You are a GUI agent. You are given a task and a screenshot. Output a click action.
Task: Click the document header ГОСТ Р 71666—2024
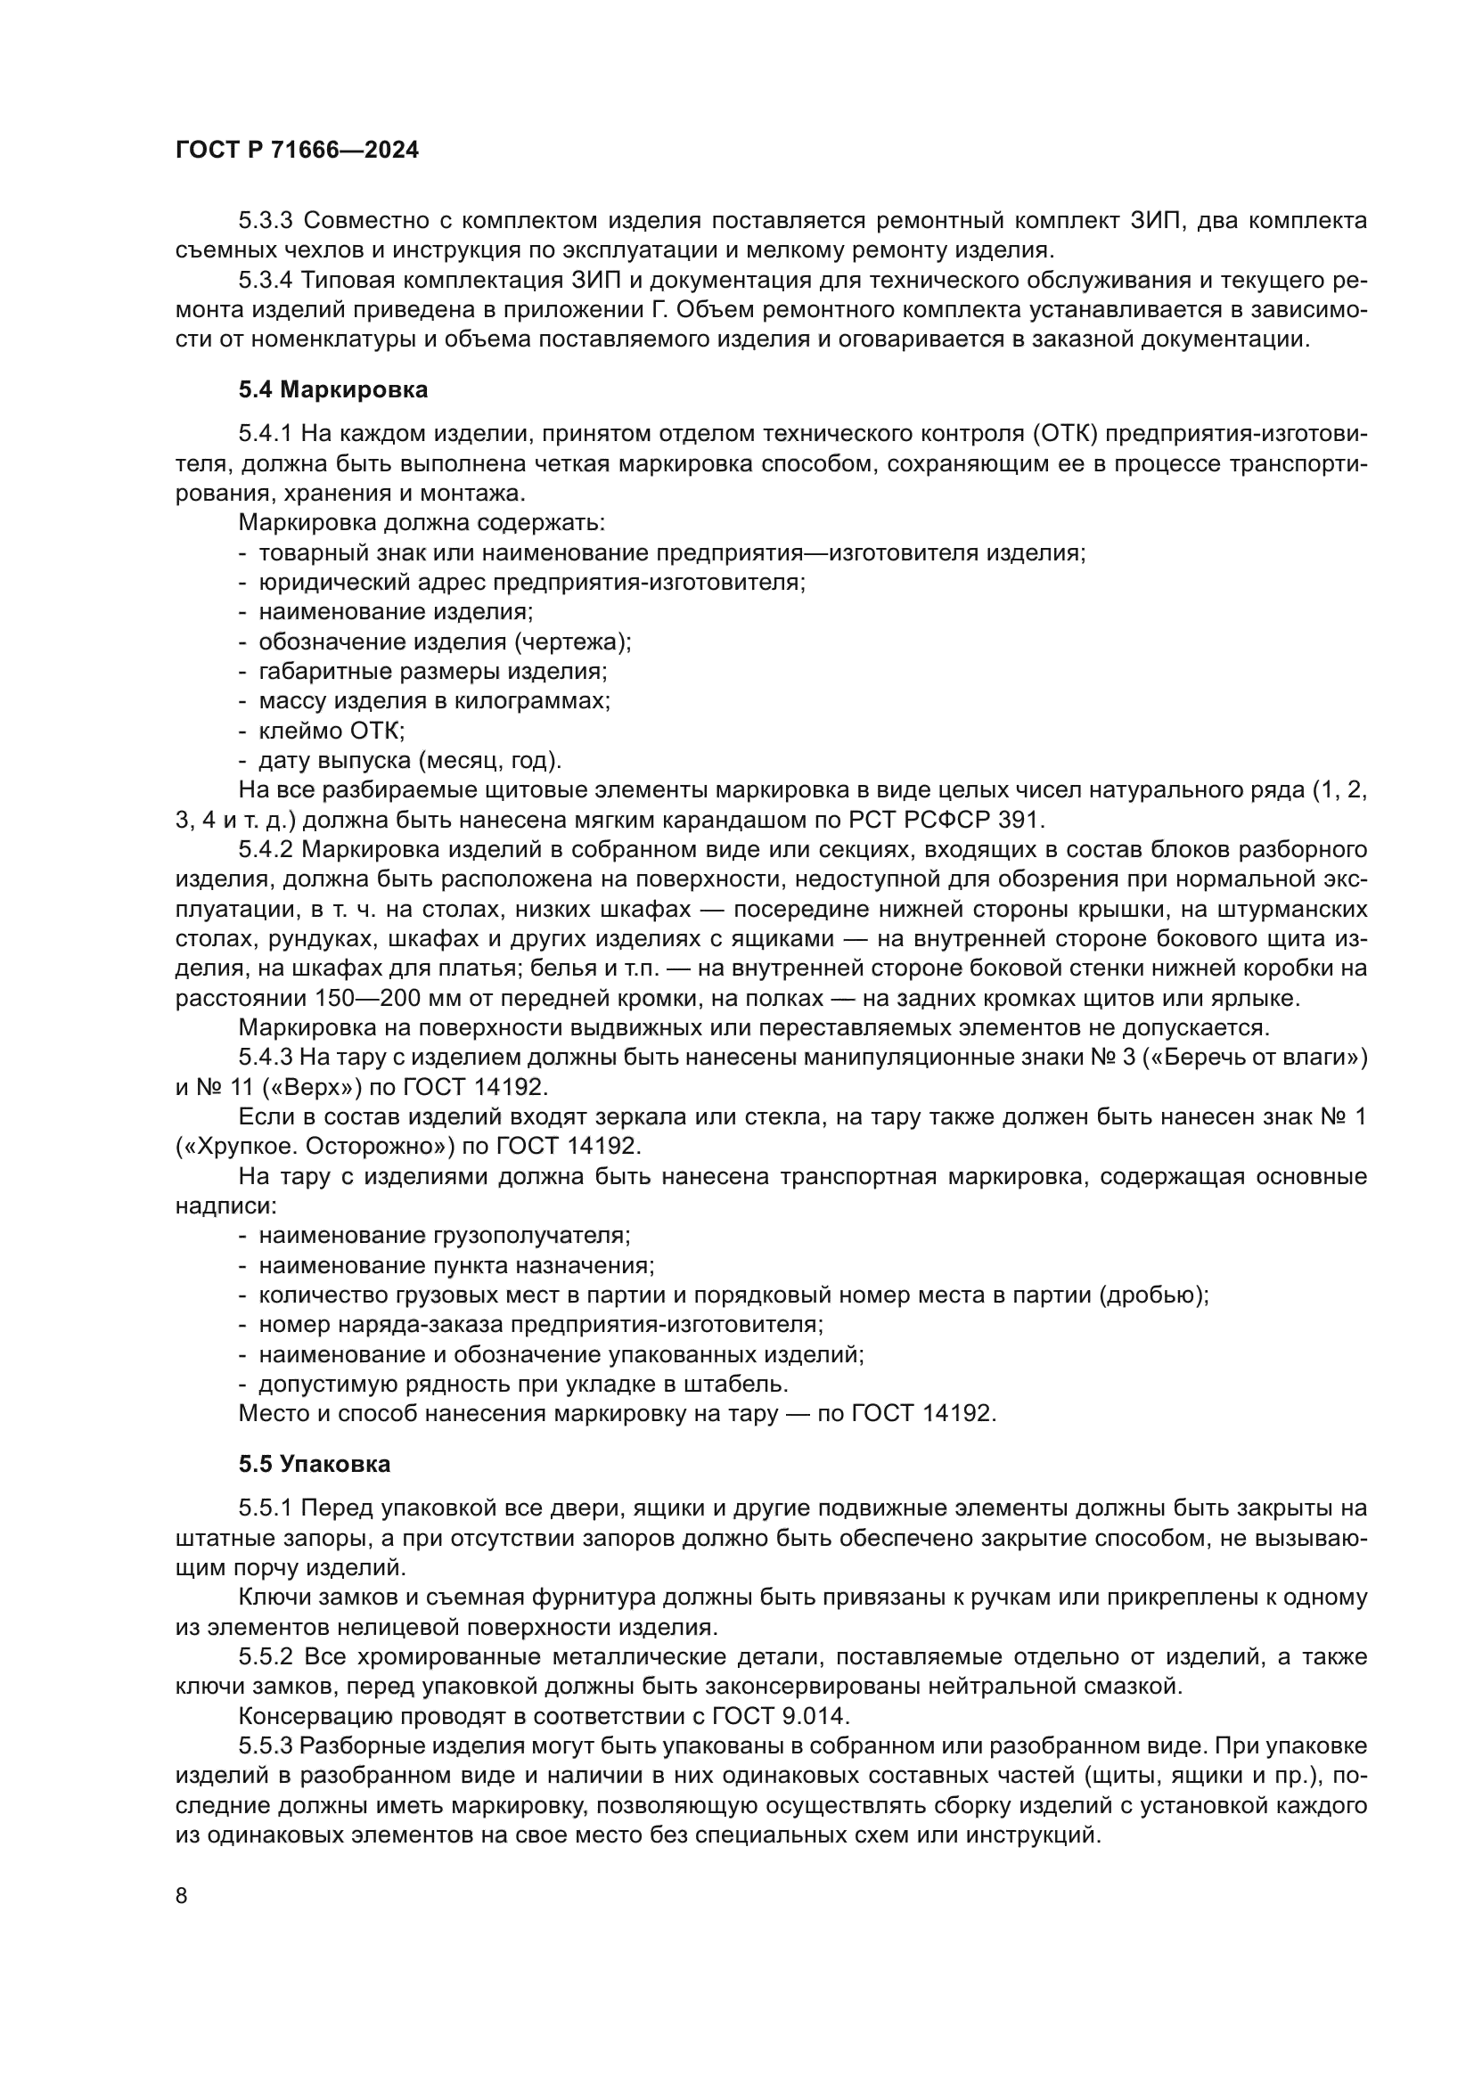(297, 151)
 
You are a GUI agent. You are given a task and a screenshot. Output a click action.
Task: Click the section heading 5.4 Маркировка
(333, 390)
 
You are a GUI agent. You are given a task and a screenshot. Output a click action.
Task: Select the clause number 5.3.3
(265, 221)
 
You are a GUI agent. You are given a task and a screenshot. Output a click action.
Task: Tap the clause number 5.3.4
(265, 281)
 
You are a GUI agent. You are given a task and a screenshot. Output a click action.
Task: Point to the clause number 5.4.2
(265, 850)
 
